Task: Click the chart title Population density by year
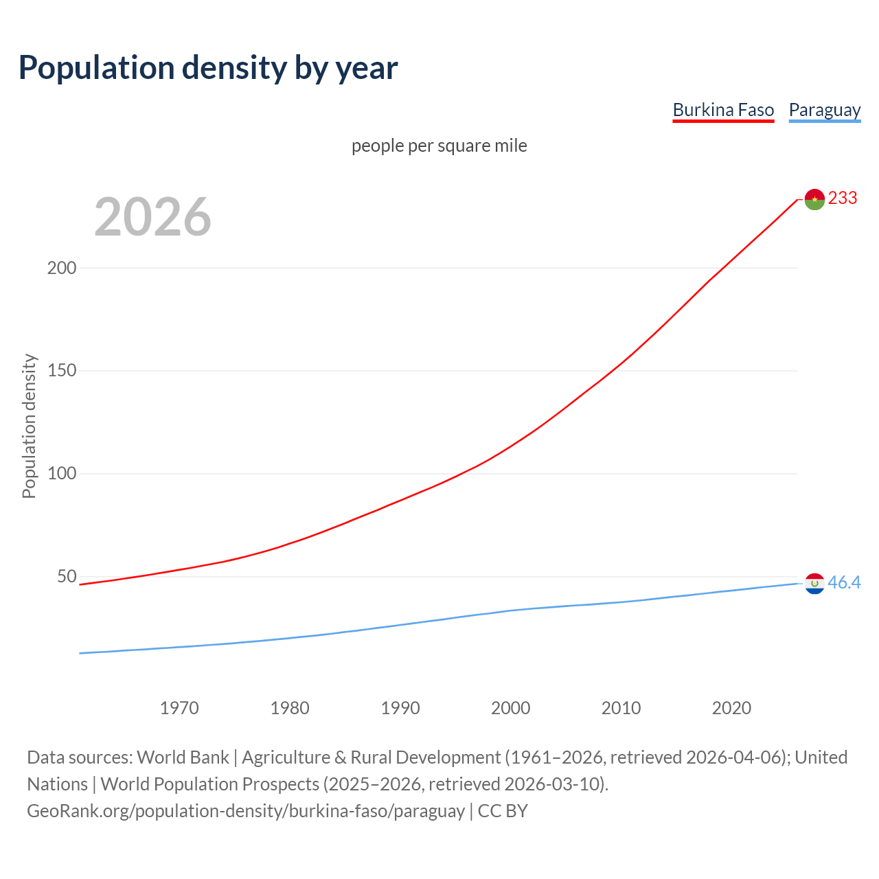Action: [x=208, y=68]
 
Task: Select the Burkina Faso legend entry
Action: [x=723, y=110]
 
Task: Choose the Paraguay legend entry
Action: [x=824, y=110]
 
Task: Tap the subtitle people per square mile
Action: [x=439, y=146]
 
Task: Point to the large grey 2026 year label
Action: [x=152, y=217]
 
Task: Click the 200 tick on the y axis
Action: [x=61, y=268]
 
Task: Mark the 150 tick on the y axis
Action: [x=61, y=371]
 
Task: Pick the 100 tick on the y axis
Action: [x=61, y=474]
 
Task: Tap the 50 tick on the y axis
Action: [x=66, y=576]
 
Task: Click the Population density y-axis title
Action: [x=29, y=426]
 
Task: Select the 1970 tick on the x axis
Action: [x=179, y=708]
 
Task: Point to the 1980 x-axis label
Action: [x=290, y=708]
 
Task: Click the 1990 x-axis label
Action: [x=400, y=708]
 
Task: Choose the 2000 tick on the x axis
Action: [x=511, y=708]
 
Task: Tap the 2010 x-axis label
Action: [x=621, y=708]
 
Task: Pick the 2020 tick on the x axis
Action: [x=731, y=708]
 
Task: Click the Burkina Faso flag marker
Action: [x=814, y=199]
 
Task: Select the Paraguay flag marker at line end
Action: [x=814, y=584]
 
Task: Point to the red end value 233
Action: [x=843, y=198]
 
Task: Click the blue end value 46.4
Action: [x=844, y=583]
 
